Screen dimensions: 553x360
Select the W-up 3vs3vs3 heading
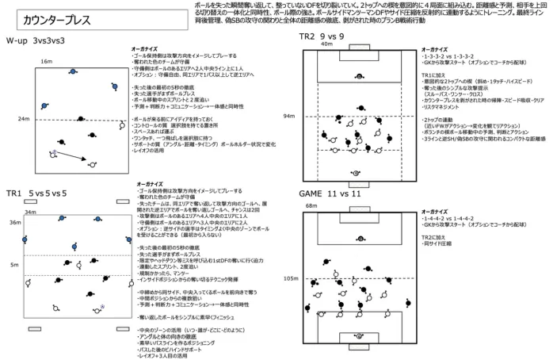click(x=37, y=39)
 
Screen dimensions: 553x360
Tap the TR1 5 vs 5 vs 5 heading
click(x=37, y=193)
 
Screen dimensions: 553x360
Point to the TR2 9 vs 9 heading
click(x=321, y=36)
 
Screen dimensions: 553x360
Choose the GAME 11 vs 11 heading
click(x=331, y=193)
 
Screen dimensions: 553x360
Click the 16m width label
click(x=46, y=61)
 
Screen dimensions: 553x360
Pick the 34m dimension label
click(x=30, y=213)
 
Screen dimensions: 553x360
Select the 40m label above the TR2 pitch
click(x=325, y=44)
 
